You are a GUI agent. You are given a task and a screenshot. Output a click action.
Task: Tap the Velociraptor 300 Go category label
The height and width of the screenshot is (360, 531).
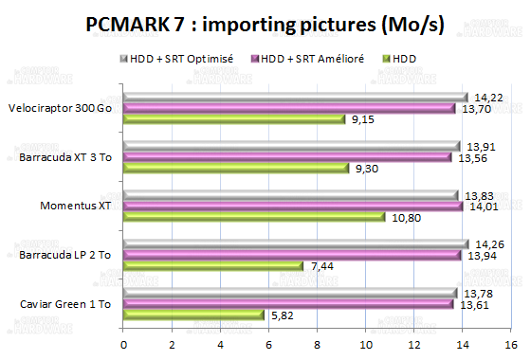(x=61, y=108)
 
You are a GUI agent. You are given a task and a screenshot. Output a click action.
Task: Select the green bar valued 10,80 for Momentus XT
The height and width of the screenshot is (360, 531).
(x=253, y=217)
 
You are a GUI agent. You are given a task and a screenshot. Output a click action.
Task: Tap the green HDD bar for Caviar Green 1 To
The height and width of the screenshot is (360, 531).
(x=192, y=315)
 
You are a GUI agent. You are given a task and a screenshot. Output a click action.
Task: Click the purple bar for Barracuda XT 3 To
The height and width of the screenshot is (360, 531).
(x=287, y=157)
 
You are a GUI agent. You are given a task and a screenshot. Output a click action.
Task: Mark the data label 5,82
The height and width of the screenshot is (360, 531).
(x=281, y=315)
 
